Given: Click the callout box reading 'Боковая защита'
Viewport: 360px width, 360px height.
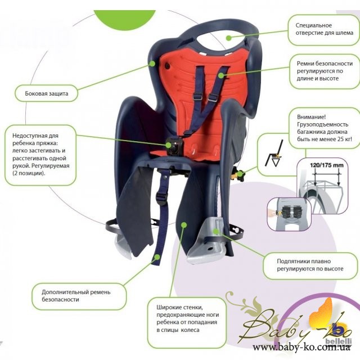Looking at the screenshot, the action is [x=46, y=93].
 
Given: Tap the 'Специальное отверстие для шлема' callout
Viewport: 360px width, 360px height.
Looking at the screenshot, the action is [x=324, y=30].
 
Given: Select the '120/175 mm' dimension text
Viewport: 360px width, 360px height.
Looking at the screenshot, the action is [x=326, y=165].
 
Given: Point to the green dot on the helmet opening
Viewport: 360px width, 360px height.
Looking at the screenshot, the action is [x=228, y=38].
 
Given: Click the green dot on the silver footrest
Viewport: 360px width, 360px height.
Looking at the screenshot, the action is [x=216, y=231].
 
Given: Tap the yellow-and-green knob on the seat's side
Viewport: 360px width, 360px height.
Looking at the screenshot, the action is [x=239, y=174].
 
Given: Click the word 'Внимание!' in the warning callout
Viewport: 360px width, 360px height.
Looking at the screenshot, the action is [x=311, y=117].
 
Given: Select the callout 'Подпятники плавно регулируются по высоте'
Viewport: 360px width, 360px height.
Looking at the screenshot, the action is [x=310, y=266].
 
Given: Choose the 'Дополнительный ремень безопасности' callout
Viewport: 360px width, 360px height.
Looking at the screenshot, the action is [x=79, y=296].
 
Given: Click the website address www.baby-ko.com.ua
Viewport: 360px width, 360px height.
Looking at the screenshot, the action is [x=301, y=348].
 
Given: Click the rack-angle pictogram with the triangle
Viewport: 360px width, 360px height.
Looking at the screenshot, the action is [x=274, y=154].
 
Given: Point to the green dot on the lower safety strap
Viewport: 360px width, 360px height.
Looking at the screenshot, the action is [x=157, y=257].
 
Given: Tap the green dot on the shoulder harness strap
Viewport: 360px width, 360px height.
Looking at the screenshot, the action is [x=221, y=75].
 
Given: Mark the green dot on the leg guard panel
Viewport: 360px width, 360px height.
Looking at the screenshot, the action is [x=183, y=224].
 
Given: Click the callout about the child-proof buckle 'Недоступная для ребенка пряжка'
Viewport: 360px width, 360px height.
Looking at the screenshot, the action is [x=40, y=155].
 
